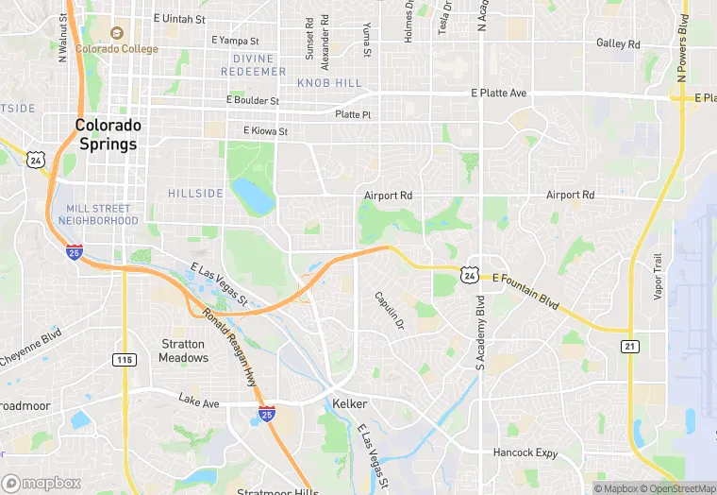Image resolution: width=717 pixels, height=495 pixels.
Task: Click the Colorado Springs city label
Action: tap(108, 134)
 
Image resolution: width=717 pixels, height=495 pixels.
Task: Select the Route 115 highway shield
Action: tap(124, 359)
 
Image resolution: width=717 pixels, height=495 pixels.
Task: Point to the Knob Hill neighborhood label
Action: tap(329, 83)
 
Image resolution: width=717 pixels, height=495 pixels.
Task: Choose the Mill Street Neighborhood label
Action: tap(98, 214)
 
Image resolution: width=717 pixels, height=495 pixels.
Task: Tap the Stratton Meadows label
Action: tap(183, 350)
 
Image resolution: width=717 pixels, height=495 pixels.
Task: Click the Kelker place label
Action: tap(349, 404)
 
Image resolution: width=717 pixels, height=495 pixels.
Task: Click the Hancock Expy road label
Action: tap(524, 452)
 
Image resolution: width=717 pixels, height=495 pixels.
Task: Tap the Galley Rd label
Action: tap(618, 43)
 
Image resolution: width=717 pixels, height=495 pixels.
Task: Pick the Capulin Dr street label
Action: tap(389, 310)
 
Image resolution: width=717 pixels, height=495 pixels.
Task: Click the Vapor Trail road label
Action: tap(659, 277)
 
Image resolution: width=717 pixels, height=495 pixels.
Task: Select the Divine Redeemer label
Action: tap(253, 65)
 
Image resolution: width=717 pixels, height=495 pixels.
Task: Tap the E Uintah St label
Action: tap(179, 19)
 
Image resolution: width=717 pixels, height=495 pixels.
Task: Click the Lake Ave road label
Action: tap(198, 402)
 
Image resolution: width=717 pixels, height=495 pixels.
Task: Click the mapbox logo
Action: tap(41, 483)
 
